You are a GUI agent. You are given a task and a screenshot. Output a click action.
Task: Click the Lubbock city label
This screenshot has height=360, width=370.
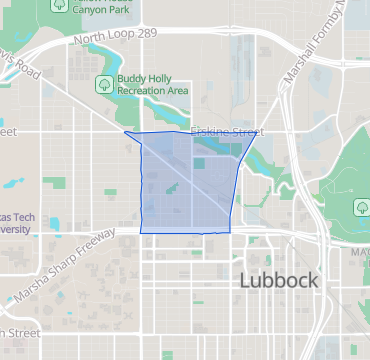[x=279, y=280]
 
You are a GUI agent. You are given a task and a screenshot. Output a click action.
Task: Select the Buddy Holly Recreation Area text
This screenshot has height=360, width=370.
[x=152, y=84]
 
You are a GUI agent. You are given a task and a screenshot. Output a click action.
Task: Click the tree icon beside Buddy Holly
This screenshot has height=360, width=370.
[x=103, y=84]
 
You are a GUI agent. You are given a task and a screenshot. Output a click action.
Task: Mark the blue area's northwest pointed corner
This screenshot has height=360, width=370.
[x=124, y=131]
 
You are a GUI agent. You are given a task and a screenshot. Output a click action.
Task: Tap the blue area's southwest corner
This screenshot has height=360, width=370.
[x=141, y=231]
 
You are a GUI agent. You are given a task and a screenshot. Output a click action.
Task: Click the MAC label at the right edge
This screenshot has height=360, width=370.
[x=359, y=251]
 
